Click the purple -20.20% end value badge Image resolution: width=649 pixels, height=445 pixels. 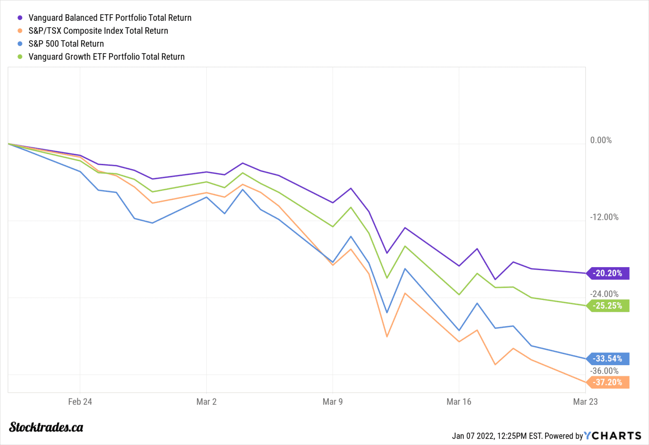608,273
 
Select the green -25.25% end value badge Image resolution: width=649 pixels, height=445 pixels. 608,306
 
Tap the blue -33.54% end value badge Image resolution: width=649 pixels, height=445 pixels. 608,359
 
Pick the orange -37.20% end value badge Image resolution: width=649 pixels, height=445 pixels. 608,382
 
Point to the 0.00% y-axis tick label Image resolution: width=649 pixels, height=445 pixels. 600,140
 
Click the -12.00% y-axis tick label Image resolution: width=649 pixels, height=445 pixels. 604,217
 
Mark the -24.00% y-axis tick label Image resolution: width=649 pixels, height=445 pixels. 604,294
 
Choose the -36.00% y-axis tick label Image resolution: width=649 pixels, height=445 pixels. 604,371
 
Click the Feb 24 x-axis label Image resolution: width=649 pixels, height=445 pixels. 80,401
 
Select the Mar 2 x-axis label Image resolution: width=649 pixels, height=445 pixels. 206,401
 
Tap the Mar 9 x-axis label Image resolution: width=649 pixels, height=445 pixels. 333,401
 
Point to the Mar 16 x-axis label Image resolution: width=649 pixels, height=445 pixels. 458,401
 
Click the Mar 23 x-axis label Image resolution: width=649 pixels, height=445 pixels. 585,401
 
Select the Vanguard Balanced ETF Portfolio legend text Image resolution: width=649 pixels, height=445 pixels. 110,18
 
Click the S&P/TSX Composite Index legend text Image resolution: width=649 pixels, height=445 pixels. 98,31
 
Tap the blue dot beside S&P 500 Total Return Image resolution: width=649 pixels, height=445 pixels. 20,44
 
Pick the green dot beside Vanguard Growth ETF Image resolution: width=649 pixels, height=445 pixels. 20,57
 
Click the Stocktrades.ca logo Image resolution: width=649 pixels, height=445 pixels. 46,427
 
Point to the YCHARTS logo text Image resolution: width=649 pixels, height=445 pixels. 613,436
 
